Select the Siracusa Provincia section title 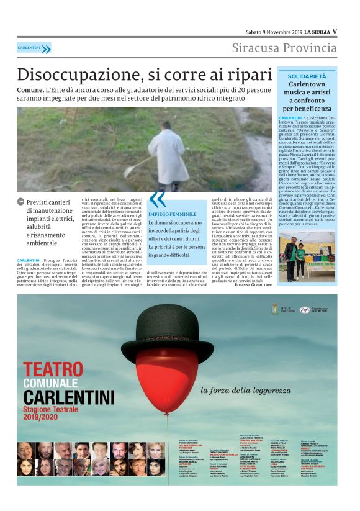point(284,48)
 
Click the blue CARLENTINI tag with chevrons point(34,48)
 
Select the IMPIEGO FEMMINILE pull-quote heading point(171,214)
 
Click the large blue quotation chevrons point(158,199)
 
